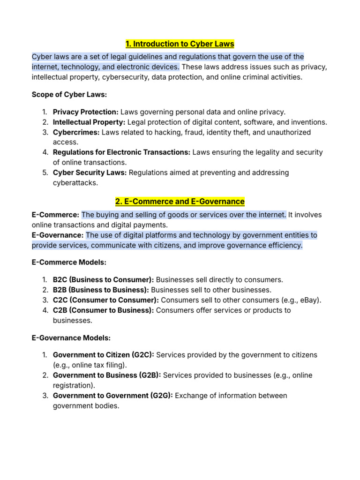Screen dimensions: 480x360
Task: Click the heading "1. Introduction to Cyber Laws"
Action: (180, 44)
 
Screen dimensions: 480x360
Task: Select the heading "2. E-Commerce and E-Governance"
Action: (180, 202)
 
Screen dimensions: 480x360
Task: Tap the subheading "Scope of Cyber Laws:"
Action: (69, 95)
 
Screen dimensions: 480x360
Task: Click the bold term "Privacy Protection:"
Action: (86, 112)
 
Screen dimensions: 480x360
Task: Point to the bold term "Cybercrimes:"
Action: (76, 132)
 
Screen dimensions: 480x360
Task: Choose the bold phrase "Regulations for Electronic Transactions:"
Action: (122, 152)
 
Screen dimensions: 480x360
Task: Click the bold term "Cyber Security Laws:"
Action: (90, 172)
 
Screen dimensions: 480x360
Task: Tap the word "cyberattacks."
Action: (75, 183)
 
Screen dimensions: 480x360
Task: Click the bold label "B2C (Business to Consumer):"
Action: (101, 280)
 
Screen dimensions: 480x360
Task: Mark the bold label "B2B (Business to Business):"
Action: (101, 290)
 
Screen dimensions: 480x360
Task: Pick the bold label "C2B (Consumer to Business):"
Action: (103, 310)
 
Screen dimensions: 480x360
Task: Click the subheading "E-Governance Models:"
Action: (71, 337)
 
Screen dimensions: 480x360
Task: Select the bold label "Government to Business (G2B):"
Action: (107, 375)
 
